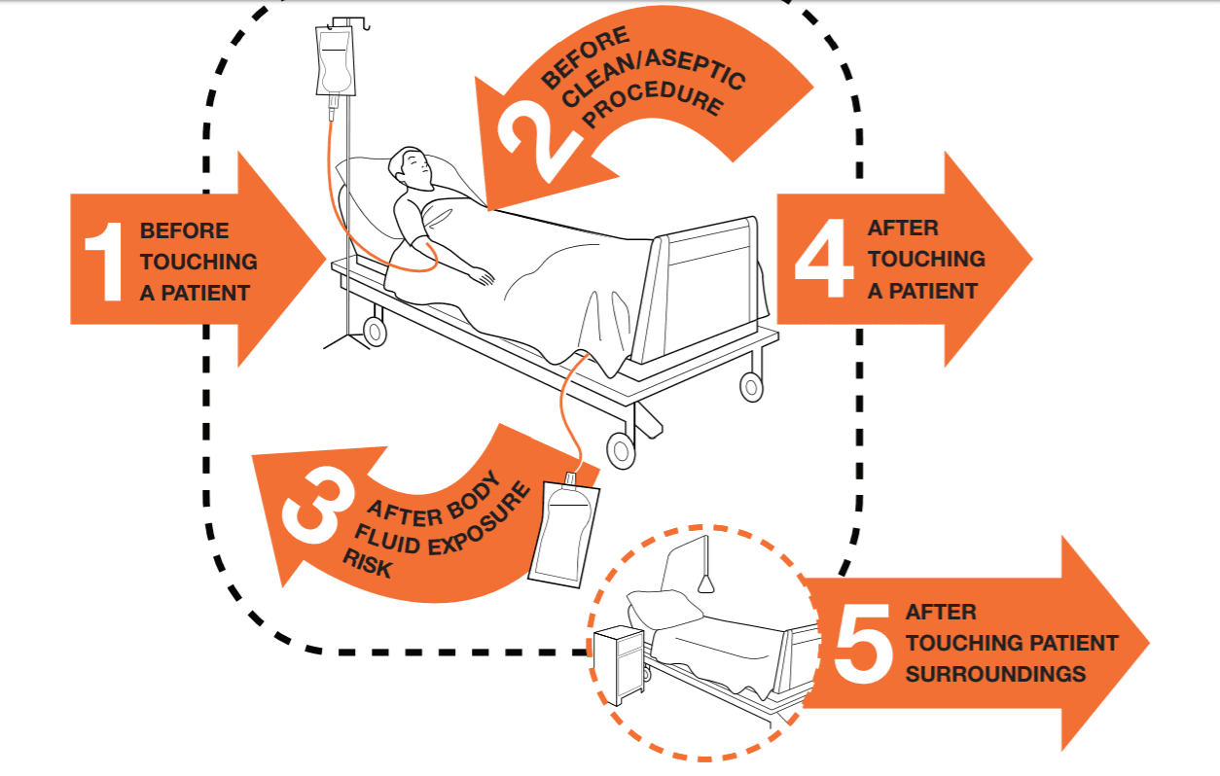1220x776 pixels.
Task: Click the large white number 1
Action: pyautogui.click(x=104, y=260)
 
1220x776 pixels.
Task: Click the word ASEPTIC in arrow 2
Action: pyautogui.click(x=704, y=74)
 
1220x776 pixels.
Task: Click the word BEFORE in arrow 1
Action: pyautogui.click(x=185, y=231)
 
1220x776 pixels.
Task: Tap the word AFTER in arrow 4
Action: pyautogui.click(x=903, y=229)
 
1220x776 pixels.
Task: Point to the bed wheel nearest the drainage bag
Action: pyautogui.click(x=620, y=449)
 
